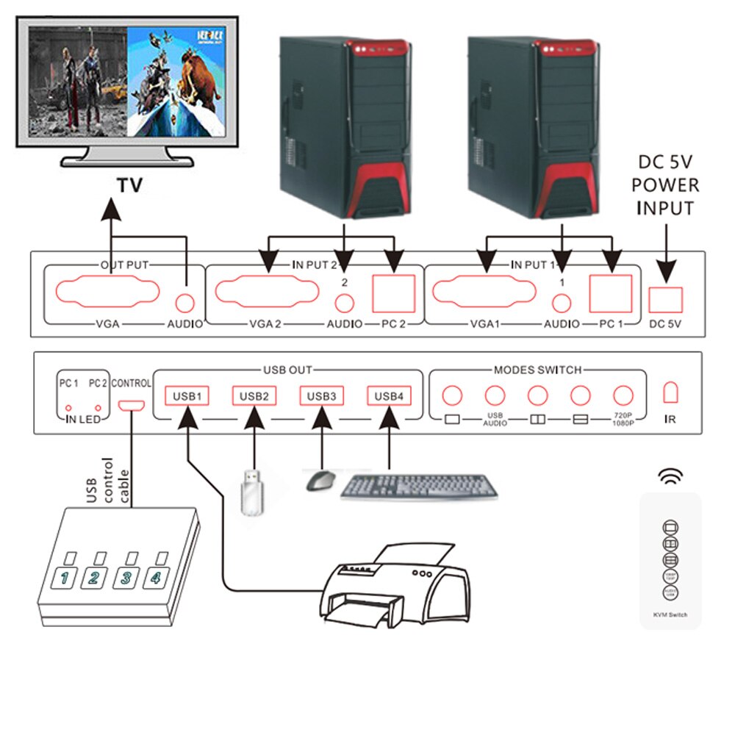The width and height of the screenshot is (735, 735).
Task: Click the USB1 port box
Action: pos(187,396)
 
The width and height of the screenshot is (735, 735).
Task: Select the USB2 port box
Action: pos(254,396)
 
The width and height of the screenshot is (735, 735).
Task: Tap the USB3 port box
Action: pos(322,396)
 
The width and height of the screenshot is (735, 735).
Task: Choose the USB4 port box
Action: pos(389,396)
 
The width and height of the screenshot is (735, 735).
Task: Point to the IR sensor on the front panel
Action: pos(670,392)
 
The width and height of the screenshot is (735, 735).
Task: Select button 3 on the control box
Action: pos(126,577)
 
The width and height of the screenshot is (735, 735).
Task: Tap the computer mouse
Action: pos(320,481)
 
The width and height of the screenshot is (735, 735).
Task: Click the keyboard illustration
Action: pos(419,487)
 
